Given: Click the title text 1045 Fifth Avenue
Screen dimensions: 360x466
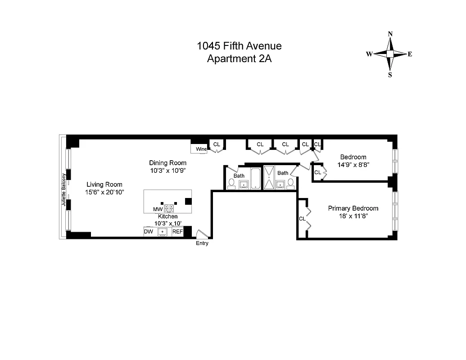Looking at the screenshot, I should pos(239,46).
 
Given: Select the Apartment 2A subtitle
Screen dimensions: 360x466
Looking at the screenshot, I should pos(239,58).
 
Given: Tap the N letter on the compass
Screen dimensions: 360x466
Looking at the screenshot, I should pos(390,34).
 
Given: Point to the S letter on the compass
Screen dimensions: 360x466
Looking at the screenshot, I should pos(390,75).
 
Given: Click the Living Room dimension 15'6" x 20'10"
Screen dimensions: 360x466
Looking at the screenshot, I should pos(104,192).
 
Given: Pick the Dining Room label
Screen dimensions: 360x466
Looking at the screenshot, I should pos(167,163).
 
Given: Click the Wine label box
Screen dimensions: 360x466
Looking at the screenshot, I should pos(201,149).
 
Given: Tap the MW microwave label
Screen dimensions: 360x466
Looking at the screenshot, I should pos(158,209).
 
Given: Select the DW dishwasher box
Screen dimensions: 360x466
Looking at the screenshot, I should pos(148,232).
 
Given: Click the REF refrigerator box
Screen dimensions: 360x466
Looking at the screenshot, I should pos(178,232).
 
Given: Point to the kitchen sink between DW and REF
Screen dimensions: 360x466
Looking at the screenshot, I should pos(163,232).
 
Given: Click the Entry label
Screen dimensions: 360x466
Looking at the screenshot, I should pos(202,243).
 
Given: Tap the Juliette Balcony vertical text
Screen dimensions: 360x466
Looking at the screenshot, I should pos(64,190).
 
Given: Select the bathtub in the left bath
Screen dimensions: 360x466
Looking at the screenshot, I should pos(255,178).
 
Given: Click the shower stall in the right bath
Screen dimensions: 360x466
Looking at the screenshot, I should pos(269,177).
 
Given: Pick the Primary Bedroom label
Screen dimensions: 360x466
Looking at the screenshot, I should pos(353,208).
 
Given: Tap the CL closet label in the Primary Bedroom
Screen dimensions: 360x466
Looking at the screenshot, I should pos(302,219).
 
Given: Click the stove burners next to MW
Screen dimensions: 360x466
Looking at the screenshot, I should pos(169,209).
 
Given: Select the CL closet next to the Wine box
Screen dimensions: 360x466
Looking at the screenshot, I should pos(217,144).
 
